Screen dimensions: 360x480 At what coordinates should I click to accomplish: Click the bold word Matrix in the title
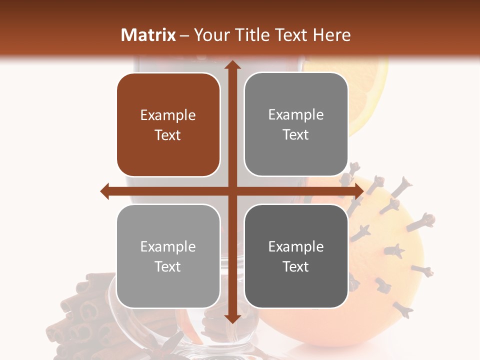pyautogui.click(x=148, y=35)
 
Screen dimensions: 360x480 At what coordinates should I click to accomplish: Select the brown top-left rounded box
pyautogui.click(x=168, y=125)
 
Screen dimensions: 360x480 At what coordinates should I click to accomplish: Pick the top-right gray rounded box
pyautogui.click(x=296, y=124)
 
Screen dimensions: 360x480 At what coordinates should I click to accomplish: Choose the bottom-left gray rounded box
pyautogui.click(x=168, y=256)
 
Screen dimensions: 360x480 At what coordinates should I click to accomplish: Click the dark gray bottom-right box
pyautogui.click(x=296, y=256)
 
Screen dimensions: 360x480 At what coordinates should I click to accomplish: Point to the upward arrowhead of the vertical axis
pyautogui.click(x=232, y=65)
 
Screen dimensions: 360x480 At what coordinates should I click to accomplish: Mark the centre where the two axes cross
pyautogui.click(x=232, y=191)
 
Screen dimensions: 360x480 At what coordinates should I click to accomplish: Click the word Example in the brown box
pyautogui.click(x=168, y=115)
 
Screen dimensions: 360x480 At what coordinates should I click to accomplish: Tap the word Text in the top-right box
pyautogui.click(x=296, y=135)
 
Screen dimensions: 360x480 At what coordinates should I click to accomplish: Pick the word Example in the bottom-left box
pyautogui.click(x=168, y=247)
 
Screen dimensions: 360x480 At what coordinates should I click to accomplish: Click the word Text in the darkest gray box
pyautogui.click(x=296, y=266)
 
